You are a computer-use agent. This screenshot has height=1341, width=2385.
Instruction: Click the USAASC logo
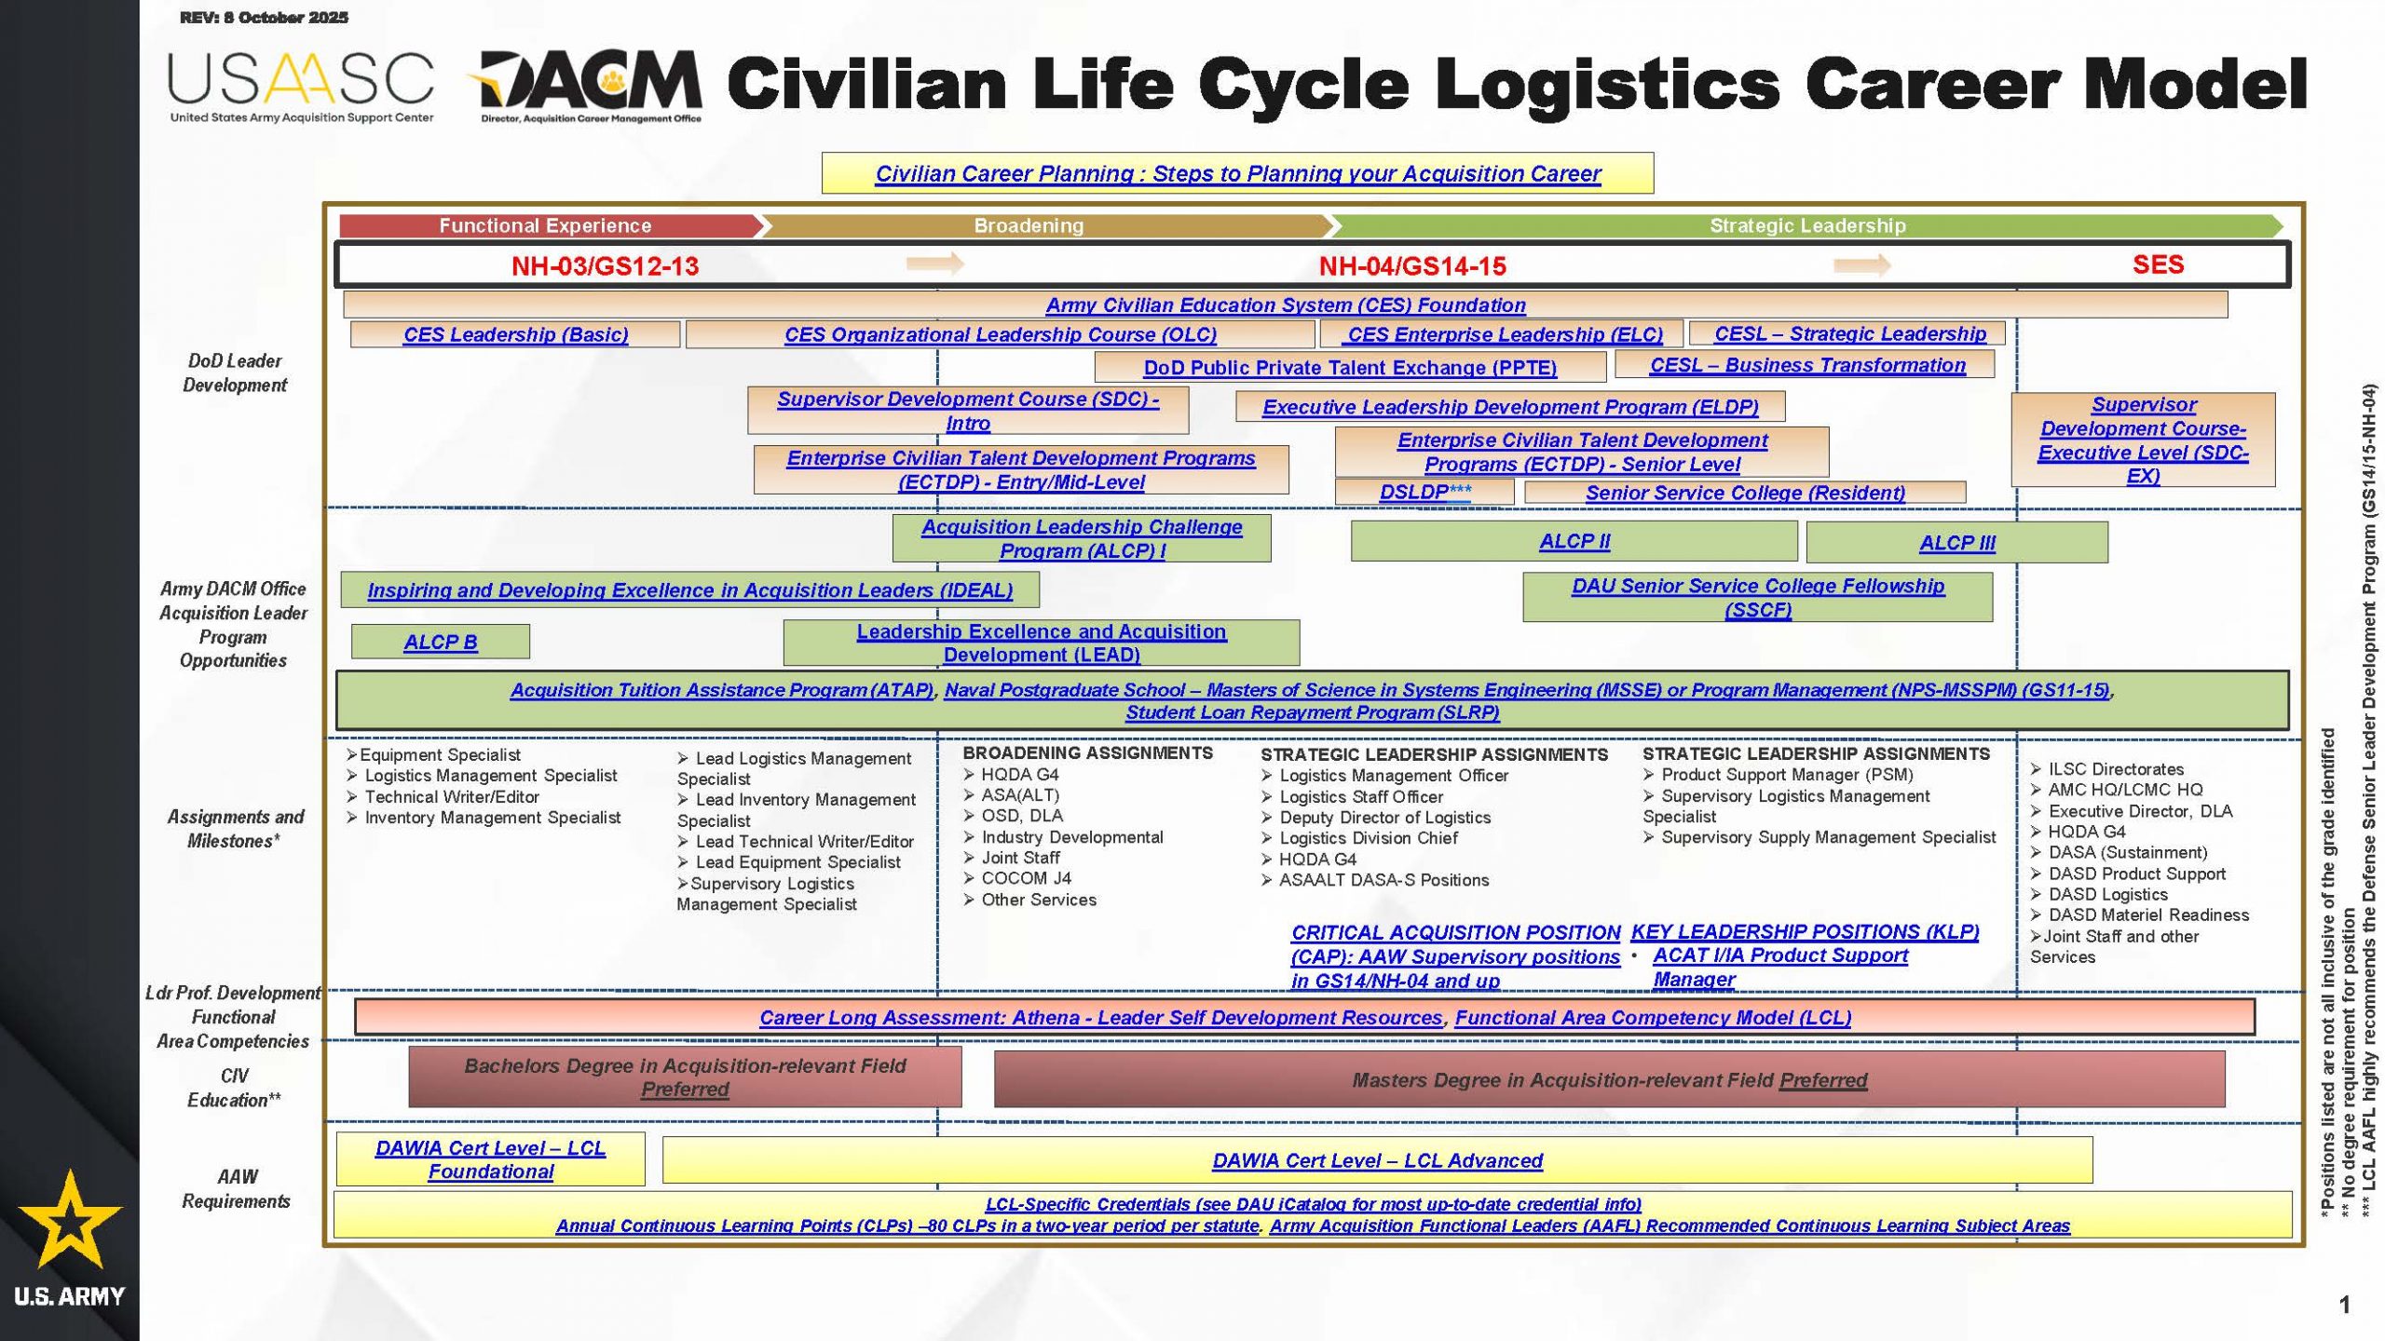click(x=301, y=88)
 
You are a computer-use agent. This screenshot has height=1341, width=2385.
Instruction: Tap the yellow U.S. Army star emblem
click(x=70, y=1220)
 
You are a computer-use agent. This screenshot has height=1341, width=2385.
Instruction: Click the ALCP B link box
click(x=441, y=642)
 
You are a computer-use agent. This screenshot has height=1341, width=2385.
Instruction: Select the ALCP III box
click(x=1956, y=543)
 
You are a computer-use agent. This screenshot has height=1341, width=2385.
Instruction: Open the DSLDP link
click(x=1425, y=492)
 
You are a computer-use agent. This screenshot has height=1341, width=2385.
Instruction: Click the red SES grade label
click(x=2158, y=264)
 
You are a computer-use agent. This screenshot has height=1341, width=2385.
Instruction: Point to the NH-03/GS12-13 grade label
click(x=605, y=266)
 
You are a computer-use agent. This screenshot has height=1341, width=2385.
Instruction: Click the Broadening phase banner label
click(x=1029, y=225)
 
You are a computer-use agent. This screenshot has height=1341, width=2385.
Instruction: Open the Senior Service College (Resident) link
click(x=1745, y=493)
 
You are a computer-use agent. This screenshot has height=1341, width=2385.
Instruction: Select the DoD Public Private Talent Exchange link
click(x=1350, y=367)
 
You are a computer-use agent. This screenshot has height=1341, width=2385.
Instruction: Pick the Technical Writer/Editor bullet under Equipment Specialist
click(x=443, y=797)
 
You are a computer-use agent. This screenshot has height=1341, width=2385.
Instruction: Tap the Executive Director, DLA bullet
click(x=2132, y=811)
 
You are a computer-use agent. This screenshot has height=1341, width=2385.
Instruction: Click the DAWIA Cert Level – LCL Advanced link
click(x=1377, y=1160)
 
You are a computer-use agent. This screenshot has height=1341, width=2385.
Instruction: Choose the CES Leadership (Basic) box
click(x=515, y=334)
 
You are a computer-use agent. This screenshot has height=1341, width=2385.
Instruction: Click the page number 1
click(x=2345, y=1305)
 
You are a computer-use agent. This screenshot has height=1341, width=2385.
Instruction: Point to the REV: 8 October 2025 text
click(x=264, y=18)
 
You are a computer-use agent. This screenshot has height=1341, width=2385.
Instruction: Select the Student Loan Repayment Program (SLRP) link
click(x=1313, y=712)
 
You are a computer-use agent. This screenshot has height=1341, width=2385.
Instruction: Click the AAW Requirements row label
click(x=236, y=1189)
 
